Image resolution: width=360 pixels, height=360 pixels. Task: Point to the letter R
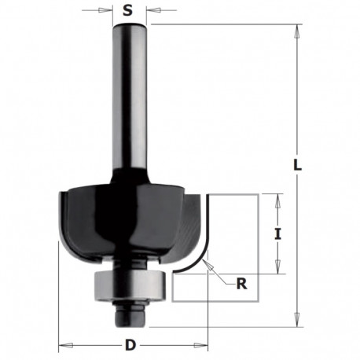point(241,284)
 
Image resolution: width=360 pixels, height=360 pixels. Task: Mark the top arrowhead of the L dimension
point(297,29)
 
